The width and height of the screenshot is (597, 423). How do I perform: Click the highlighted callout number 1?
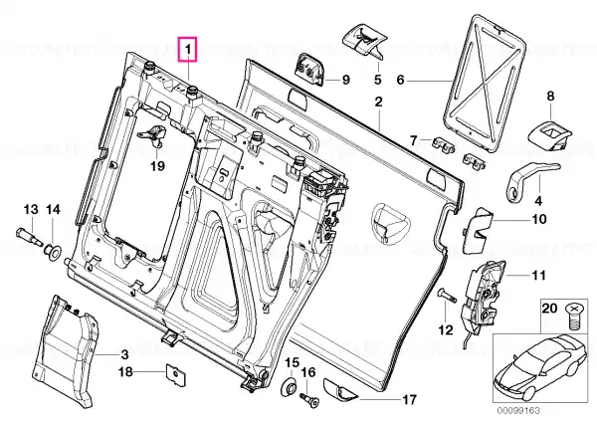click(188, 49)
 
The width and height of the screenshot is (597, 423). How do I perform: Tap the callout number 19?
click(157, 166)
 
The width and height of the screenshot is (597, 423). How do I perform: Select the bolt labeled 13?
click(30, 236)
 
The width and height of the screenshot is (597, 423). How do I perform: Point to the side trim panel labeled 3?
click(66, 349)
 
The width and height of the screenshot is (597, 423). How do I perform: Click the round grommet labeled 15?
click(289, 387)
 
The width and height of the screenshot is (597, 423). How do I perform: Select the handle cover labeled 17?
click(340, 390)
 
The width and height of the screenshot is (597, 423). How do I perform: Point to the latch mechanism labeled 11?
click(483, 295)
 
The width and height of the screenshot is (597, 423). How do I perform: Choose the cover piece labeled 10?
click(477, 231)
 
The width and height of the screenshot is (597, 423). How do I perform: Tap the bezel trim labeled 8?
click(549, 135)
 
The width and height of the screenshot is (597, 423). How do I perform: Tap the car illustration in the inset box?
click(540, 365)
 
